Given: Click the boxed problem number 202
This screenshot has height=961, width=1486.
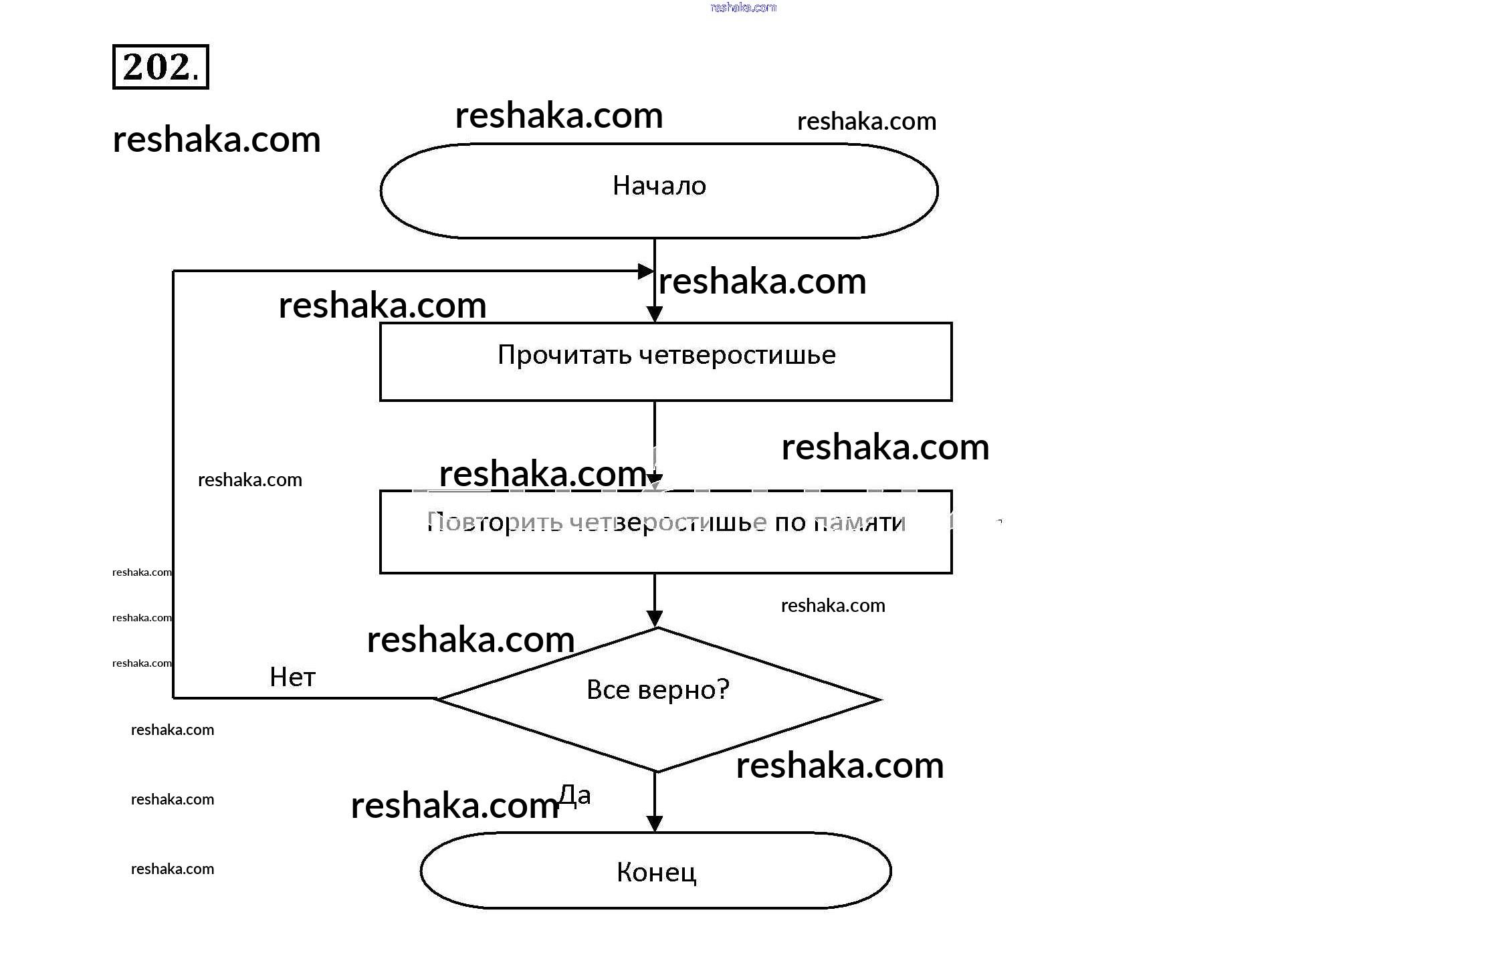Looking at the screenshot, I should click(161, 67).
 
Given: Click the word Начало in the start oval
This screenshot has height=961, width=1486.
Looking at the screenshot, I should click(659, 186).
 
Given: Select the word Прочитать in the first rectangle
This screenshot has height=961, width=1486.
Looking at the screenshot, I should click(564, 355).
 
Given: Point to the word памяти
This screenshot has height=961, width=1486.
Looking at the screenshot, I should click(859, 522).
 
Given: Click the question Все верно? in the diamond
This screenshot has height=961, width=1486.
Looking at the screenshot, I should click(657, 689).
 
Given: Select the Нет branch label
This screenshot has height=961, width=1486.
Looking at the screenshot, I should click(292, 677).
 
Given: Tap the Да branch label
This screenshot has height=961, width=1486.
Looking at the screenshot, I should click(574, 795).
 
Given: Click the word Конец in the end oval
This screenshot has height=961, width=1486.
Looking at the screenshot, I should click(656, 872).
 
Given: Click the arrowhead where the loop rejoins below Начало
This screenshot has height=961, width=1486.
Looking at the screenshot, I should click(645, 271).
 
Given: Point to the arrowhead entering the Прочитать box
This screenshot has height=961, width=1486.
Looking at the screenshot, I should click(655, 314).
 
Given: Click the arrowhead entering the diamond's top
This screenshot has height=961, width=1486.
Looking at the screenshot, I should click(655, 619).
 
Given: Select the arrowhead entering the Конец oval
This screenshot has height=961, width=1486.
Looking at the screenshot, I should click(655, 824).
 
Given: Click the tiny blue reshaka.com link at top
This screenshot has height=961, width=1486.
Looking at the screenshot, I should click(743, 7).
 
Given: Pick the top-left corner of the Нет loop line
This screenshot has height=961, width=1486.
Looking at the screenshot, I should click(174, 271).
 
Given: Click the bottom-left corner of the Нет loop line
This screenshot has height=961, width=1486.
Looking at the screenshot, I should click(174, 698).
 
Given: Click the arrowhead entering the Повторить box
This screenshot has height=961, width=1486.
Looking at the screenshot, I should click(655, 482).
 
